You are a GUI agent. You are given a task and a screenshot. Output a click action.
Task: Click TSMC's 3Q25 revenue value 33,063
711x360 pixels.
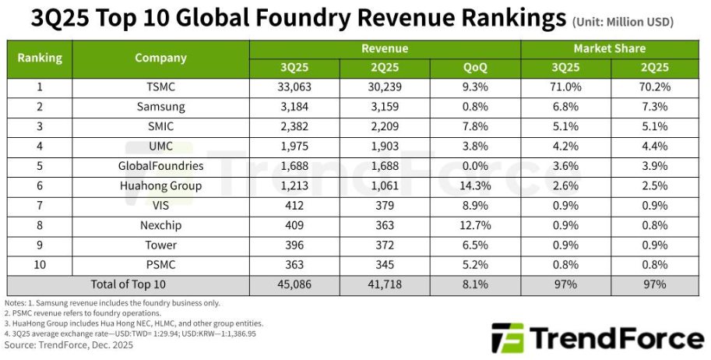point(294,87)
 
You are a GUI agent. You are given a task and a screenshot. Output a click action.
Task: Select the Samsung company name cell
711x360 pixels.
point(160,107)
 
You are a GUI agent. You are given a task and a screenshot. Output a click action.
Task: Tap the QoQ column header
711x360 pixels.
point(475,68)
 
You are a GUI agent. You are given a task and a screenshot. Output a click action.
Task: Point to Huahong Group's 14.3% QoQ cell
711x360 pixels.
point(475,185)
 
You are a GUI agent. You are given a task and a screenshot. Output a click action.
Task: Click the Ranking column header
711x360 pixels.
point(40,58)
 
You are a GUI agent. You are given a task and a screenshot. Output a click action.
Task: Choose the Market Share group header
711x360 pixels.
point(609,48)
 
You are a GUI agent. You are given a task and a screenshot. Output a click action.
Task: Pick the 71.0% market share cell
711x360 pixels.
point(565,87)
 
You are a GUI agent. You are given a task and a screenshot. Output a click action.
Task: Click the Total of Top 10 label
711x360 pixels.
point(128,284)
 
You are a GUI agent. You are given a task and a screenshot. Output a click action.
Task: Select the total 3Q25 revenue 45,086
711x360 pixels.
point(294,284)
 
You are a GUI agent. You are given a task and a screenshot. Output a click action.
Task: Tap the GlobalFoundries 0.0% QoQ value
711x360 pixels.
point(475,166)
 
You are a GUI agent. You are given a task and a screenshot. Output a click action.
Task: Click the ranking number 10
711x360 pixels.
point(40,264)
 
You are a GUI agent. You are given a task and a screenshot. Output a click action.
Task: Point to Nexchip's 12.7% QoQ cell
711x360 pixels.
point(475,225)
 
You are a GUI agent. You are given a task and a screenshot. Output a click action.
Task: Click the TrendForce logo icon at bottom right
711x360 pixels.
point(507,338)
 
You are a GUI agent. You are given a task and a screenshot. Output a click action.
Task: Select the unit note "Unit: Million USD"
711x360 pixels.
point(623,22)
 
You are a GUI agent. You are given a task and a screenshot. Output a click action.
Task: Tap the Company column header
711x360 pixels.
point(160,58)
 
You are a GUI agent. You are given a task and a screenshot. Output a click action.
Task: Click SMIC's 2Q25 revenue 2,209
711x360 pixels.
point(385,126)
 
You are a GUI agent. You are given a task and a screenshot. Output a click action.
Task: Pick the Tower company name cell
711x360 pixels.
point(160,245)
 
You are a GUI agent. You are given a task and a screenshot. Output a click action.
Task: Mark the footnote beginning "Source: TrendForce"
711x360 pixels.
point(59,344)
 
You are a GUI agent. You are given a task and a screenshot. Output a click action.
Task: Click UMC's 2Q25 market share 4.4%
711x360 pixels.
point(654,146)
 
